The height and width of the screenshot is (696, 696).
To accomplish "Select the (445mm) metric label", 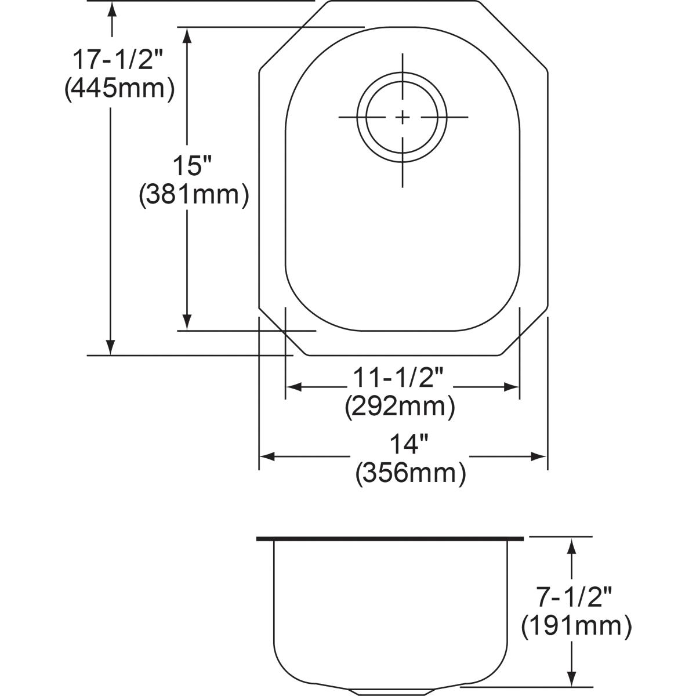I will point(119,89).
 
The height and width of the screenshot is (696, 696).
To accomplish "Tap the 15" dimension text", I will point(193,167).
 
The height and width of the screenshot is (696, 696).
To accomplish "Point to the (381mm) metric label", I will point(194,195).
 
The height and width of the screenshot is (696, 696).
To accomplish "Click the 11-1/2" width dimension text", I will point(398,380).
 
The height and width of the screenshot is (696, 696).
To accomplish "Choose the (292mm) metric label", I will point(400,407).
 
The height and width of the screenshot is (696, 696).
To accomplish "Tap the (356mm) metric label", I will point(411,473).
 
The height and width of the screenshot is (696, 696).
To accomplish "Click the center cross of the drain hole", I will point(403,118).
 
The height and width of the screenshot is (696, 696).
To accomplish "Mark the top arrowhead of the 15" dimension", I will point(187,35).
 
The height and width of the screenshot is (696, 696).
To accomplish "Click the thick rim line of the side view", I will point(390,539).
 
